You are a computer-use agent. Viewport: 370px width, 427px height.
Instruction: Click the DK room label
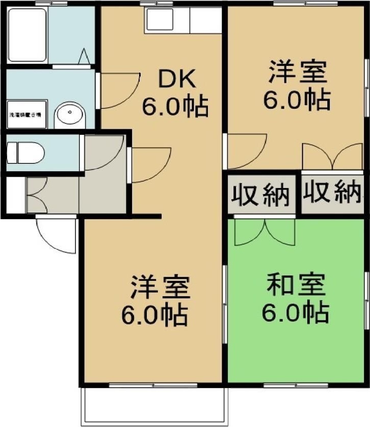[x=175, y=80]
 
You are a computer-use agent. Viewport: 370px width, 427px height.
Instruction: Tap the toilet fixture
[x=25, y=152]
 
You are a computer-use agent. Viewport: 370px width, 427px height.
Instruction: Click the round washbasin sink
[x=70, y=114]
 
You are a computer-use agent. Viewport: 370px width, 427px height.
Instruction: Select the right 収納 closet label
[x=332, y=193]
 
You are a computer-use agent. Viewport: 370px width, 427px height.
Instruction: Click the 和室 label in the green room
[x=296, y=287]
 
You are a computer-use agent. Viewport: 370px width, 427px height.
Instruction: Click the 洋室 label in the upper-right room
[x=298, y=72]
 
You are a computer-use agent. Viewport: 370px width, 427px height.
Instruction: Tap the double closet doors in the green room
[x=265, y=232]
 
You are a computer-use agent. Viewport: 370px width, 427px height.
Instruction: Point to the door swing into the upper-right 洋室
[x=247, y=151]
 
